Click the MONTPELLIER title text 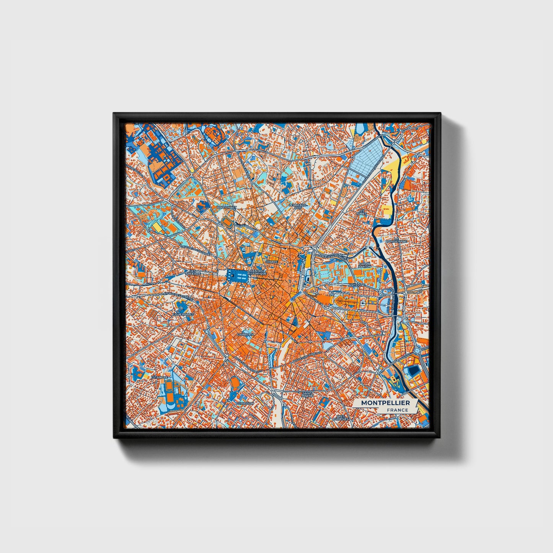385,403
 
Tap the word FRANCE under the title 397,410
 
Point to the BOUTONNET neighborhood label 227,207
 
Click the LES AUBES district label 362,212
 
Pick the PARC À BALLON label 364,264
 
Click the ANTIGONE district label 357,285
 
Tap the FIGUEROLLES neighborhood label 183,314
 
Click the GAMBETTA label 245,334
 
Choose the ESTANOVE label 159,377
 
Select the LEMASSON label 245,403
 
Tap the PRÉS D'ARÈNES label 339,418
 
